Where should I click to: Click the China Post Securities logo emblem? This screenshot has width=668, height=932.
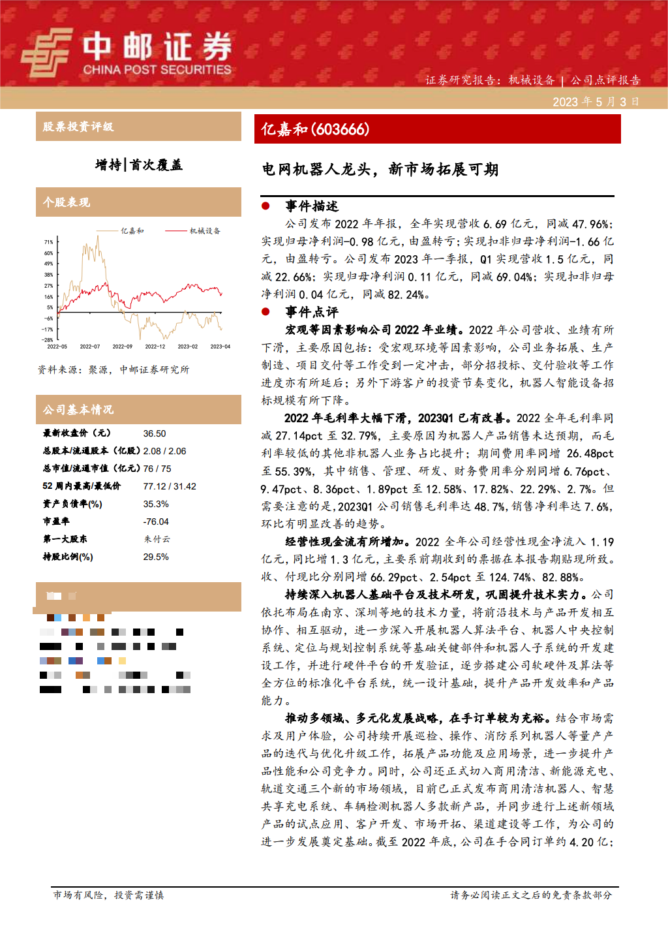click(46, 53)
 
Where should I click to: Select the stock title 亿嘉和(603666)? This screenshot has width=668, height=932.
click(315, 129)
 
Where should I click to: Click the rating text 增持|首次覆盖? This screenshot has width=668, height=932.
click(138, 165)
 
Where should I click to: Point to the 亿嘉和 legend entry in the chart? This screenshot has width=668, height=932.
click(132, 231)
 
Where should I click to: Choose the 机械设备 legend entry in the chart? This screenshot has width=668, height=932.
click(204, 231)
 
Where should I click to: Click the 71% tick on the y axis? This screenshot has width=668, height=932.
click(49, 242)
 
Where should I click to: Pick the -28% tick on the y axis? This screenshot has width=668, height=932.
click(48, 340)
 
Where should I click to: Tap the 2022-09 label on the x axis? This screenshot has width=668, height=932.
click(122, 347)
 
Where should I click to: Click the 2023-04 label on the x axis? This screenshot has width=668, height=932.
click(220, 347)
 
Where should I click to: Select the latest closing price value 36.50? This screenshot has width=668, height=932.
click(155, 433)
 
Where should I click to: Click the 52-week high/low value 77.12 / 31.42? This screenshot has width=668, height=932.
click(170, 486)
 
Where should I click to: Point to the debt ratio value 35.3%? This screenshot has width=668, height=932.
click(156, 504)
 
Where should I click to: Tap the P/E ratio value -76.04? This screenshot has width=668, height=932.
click(156, 521)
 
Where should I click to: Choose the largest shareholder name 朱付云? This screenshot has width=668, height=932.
click(157, 539)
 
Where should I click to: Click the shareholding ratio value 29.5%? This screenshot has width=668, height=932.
click(156, 557)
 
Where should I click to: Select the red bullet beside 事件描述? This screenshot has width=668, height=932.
click(266, 206)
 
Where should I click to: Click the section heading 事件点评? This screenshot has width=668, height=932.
click(312, 312)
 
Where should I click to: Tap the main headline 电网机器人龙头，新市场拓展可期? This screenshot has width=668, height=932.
click(380, 170)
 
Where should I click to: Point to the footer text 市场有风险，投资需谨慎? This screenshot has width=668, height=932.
click(108, 895)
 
